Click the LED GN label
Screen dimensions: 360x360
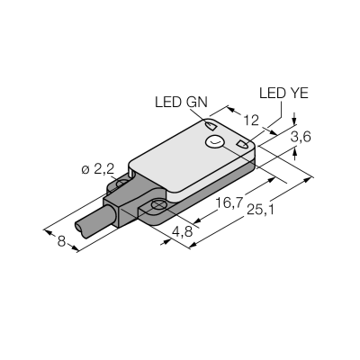pyautogui.click(x=181, y=103)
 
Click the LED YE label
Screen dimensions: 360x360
pyautogui.click(x=283, y=94)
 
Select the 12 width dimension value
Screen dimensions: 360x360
pyautogui.click(x=251, y=121)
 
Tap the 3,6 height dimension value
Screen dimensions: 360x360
pyautogui.click(x=301, y=137)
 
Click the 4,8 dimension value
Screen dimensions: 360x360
pyautogui.click(x=182, y=232)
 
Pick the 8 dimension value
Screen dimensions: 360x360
pyautogui.click(x=61, y=241)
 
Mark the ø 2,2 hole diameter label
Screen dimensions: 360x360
pyautogui.click(x=98, y=170)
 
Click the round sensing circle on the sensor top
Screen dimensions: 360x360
pyautogui.click(x=214, y=142)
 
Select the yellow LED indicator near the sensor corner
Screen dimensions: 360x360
pyautogui.click(x=242, y=144)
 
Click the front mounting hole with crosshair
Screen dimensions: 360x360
pyautogui.click(x=157, y=205)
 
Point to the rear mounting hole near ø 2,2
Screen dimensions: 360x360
pyautogui.click(x=122, y=184)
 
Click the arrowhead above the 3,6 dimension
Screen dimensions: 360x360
pyautogui.click(x=294, y=121)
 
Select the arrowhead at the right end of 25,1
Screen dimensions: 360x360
pyautogui.click(x=307, y=179)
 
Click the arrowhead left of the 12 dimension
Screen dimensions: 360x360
pyautogui.click(x=232, y=109)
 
